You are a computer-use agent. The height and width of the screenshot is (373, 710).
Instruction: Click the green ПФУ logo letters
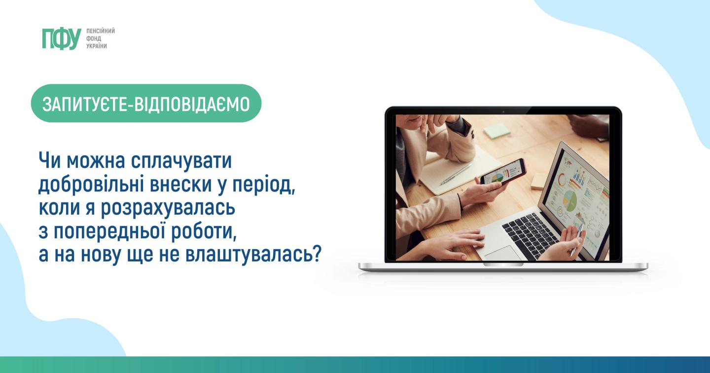(x=62, y=38)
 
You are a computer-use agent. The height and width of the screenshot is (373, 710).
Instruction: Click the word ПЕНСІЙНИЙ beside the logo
(x=101, y=31)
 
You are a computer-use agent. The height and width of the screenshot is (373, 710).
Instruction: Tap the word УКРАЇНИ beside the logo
(x=97, y=46)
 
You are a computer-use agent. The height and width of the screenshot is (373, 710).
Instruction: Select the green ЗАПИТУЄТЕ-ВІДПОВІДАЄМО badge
(x=146, y=104)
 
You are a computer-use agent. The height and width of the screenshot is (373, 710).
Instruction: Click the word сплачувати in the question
(x=181, y=161)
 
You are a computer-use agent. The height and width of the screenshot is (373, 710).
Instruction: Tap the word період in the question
(x=264, y=185)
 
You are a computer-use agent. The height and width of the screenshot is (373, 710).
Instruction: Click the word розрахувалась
(x=168, y=208)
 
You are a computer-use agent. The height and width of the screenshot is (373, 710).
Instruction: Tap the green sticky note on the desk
(x=497, y=131)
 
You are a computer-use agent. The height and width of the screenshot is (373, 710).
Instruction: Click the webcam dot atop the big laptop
(x=503, y=112)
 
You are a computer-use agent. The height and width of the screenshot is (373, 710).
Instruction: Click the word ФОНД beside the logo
(x=94, y=38)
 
